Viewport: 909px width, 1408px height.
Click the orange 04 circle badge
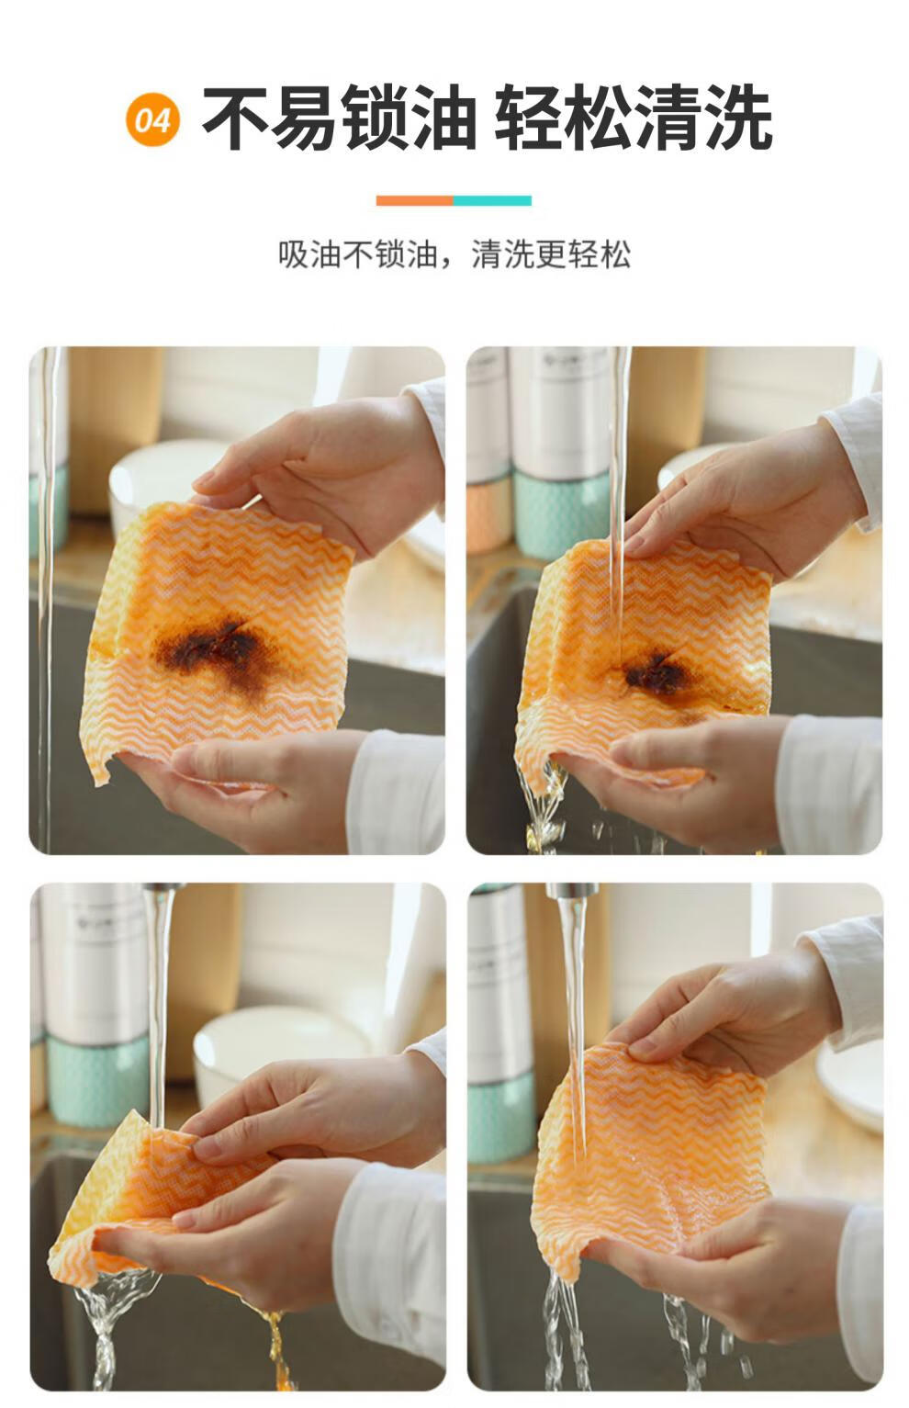pyautogui.click(x=152, y=119)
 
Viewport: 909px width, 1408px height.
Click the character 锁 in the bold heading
pyautogui.click(x=375, y=118)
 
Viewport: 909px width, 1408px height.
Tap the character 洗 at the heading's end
pyautogui.click(x=739, y=118)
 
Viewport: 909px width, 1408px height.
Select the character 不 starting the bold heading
pyautogui.click(x=236, y=118)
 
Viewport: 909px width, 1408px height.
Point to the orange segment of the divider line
pyautogui.click(x=415, y=200)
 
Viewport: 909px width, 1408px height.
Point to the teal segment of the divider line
pyautogui.click(x=492, y=200)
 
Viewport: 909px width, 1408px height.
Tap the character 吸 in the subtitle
pyautogui.click(x=294, y=253)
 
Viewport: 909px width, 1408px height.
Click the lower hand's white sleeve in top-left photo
pyautogui.click(x=396, y=792)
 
